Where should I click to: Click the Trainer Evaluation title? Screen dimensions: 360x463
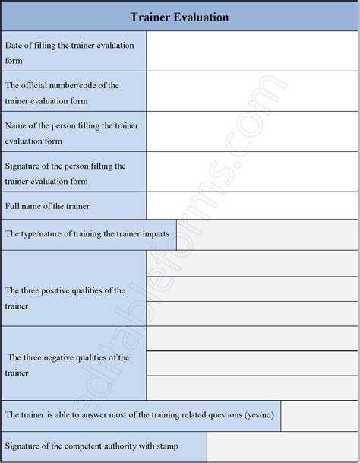tap(179, 16)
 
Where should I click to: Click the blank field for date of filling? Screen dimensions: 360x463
tap(251, 52)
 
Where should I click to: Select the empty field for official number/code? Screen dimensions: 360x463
tap(251, 92)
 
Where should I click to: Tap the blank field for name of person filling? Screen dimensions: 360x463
tap(251, 132)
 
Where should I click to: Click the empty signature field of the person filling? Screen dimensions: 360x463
tap(251, 173)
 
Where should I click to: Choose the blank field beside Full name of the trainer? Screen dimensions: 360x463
tap(251, 206)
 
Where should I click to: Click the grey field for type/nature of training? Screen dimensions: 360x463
tap(267, 235)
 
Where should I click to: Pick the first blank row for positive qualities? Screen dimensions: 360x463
tap(251, 263)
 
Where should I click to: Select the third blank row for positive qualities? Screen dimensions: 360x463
tap(251, 313)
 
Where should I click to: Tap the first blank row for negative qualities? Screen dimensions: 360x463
tap(251, 338)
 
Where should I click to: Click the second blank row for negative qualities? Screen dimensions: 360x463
tap(251, 363)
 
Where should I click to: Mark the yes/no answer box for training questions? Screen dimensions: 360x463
tap(319, 415)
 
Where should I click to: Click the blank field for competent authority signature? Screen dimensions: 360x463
tap(282, 446)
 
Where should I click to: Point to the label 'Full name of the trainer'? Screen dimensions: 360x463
tap(47, 206)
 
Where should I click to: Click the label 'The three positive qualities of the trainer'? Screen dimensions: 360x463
tap(65, 298)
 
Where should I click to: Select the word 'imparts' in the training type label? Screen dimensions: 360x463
tap(156, 234)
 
